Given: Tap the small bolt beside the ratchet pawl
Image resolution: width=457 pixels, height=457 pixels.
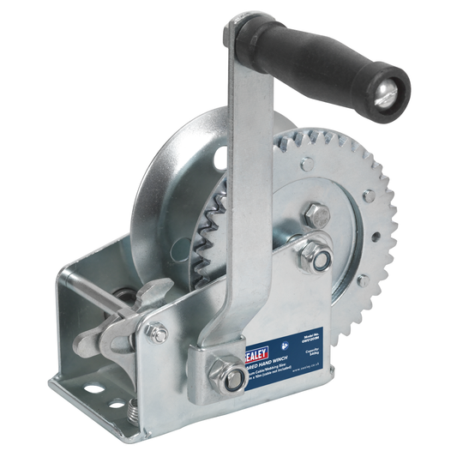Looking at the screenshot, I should point(157,334).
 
